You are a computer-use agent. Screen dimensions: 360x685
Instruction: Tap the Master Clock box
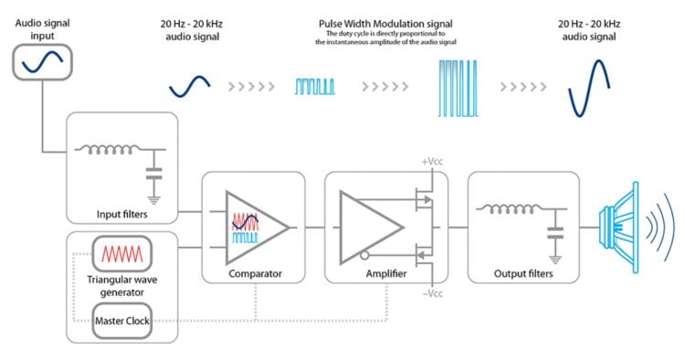tap(122, 320)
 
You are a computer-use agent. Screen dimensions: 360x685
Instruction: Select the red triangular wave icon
tap(122, 252)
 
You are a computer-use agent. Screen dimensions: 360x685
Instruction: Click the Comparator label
tap(253, 272)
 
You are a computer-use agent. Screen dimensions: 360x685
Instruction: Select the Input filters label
tap(121, 215)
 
